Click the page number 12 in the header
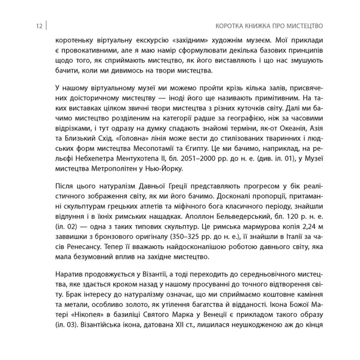(38, 26)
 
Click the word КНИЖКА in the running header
(257, 26)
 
